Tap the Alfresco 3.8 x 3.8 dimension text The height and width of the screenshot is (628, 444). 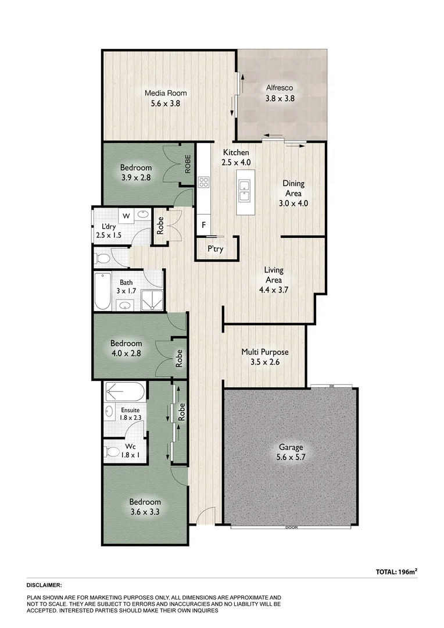pyautogui.click(x=280, y=99)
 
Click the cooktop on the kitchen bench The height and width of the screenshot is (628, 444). pyautogui.click(x=204, y=182)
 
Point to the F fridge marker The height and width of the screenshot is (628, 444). pyautogui.click(x=204, y=224)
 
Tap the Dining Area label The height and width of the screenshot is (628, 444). pyautogui.click(x=293, y=188)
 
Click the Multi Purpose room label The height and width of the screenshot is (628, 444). pyautogui.click(x=265, y=352)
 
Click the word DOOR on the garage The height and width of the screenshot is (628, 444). pyautogui.click(x=291, y=527)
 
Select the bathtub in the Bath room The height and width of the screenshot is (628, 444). pyautogui.click(x=103, y=292)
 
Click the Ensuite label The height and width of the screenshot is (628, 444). pyautogui.click(x=130, y=410)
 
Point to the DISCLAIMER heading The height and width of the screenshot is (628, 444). pyautogui.click(x=44, y=586)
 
